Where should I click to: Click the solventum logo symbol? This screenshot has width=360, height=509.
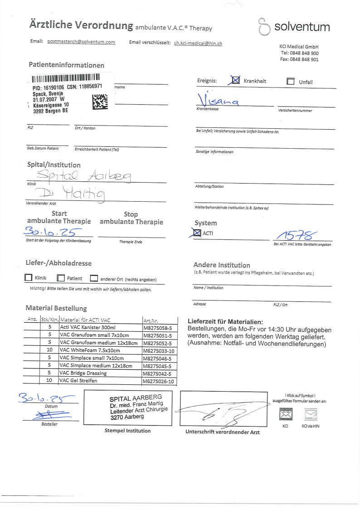coord(263,27)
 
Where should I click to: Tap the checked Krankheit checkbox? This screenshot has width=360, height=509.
coord(236,81)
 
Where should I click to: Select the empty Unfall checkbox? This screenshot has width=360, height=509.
coord(291,82)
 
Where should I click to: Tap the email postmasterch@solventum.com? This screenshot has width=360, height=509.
coord(81,42)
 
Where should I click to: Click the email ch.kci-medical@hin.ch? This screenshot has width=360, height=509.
coord(198,43)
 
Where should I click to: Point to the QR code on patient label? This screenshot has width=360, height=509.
coord(100,102)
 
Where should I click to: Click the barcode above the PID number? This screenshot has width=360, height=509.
coord(66,78)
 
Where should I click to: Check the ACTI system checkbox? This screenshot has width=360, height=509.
coord(197,233)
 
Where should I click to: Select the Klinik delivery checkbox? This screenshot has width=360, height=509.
coord(29,278)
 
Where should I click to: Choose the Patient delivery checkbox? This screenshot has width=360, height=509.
coord(61,278)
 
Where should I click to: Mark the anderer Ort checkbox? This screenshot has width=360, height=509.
coord(94,278)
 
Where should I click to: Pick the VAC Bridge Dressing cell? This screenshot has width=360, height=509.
coord(83,373)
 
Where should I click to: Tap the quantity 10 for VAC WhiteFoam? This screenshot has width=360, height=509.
coord(49,350)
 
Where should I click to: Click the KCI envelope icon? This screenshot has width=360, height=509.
coord(286,414)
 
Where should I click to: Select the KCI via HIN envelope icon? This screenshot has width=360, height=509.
coord(311,414)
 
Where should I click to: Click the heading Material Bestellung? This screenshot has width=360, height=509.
coord(56,308)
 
